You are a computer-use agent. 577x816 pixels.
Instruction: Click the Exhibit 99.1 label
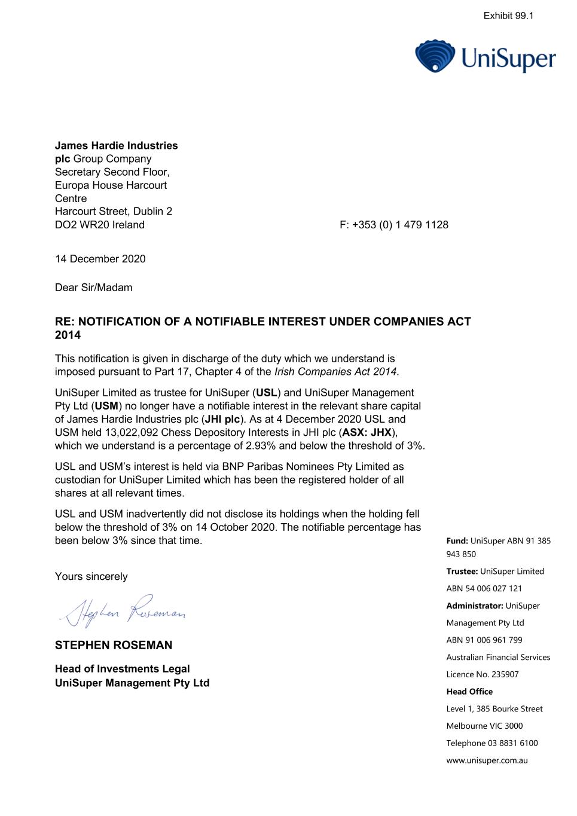coord(508,16)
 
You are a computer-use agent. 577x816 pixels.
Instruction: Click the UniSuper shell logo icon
coord(435,56)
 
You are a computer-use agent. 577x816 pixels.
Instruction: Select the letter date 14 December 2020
coord(100,259)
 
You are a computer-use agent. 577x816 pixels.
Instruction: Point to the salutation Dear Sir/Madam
coord(93,288)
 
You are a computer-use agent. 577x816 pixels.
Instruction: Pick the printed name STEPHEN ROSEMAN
coord(114,645)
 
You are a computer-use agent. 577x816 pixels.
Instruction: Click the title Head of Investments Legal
coord(122,669)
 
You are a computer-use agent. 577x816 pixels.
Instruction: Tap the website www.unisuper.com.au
coord(487,760)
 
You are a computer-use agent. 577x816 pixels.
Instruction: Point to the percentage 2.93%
coord(260,446)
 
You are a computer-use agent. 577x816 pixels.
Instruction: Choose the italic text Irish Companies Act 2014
coord(335,372)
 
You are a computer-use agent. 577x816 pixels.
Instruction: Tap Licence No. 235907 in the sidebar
coord(482,674)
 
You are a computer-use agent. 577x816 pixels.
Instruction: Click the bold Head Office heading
coord(469,692)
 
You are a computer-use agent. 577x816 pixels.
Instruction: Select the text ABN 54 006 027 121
coord(484,588)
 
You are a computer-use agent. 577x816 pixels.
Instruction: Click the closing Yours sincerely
coord(91,576)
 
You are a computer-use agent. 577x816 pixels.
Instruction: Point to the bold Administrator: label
coord(474,606)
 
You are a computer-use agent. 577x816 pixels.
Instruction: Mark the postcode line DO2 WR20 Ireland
coord(99,225)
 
